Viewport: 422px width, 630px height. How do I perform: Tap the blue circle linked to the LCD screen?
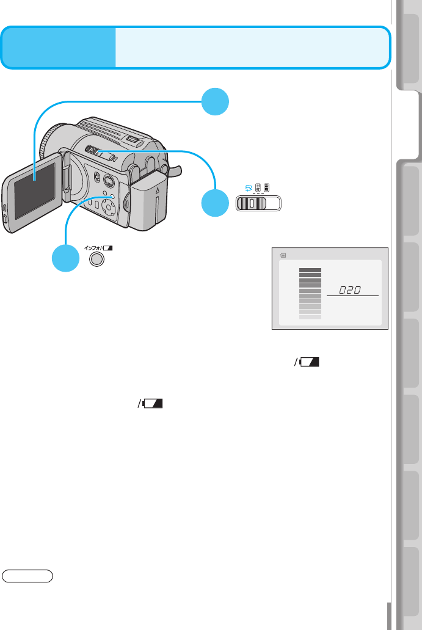coord(216,101)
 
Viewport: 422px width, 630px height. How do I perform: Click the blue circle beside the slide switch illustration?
coord(216,202)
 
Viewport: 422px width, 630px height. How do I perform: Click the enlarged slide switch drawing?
coord(258,203)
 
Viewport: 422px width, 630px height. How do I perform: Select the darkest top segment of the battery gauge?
coord(310,269)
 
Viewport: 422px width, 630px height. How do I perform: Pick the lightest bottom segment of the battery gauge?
coord(310,317)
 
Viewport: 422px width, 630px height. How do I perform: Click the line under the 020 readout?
coord(353,295)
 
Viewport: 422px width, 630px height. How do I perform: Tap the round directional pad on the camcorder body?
coord(109,208)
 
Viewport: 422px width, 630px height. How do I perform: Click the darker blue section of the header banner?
coord(59,47)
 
